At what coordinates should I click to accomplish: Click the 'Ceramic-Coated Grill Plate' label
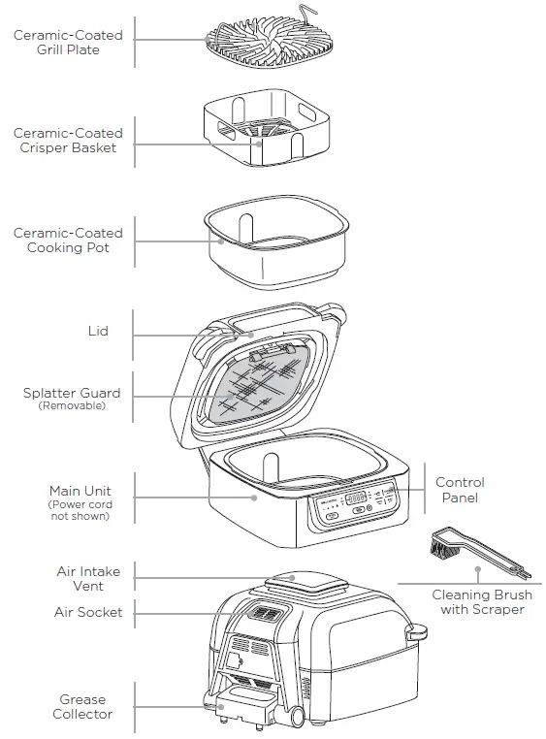pyautogui.click(x=68, y=43)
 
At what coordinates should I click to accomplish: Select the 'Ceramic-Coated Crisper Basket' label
pyautogui.click(x=68, y=141)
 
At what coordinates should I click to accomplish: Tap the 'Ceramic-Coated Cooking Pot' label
pyautogui.click(x=68, y=241)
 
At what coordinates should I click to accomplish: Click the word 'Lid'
pyautogui.click(x=98, y=331)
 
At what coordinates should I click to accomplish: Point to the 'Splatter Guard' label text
pyautogui.click(x=72, y=393)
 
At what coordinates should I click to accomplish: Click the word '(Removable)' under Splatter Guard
pyautogui.click(x=72, y=406)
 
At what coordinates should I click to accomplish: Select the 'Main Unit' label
pyautogui.click(x=79, y=491)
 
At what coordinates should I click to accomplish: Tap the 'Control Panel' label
pyautogui.click(x=460, y=490)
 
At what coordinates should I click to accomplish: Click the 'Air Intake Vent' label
pyautogui.click(x=88, y=579)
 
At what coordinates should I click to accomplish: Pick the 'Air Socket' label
pyautogui.click(x=88, y=612)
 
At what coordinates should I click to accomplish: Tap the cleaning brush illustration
pyautogui.click(x=466, y=554)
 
